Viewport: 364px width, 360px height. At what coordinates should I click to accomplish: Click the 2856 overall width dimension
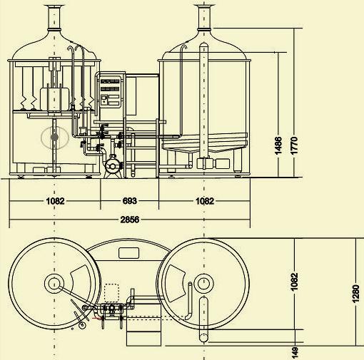(130, 220)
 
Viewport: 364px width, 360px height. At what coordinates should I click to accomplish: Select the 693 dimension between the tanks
(130, 201)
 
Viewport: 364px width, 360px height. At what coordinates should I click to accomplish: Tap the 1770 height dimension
(294, 145)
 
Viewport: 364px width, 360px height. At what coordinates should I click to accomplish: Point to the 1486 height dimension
(278, 145)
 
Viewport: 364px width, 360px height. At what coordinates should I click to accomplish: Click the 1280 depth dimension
(355, 294)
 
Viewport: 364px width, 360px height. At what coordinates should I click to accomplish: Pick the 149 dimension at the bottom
(295, 353)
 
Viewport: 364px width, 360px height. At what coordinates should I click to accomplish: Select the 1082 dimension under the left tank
(55, 201)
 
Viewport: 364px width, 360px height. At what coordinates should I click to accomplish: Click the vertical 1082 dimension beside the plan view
(294, 282)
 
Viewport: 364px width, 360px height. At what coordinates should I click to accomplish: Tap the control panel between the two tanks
(110, 91)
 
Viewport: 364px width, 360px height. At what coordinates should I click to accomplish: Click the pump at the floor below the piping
(113, 167)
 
